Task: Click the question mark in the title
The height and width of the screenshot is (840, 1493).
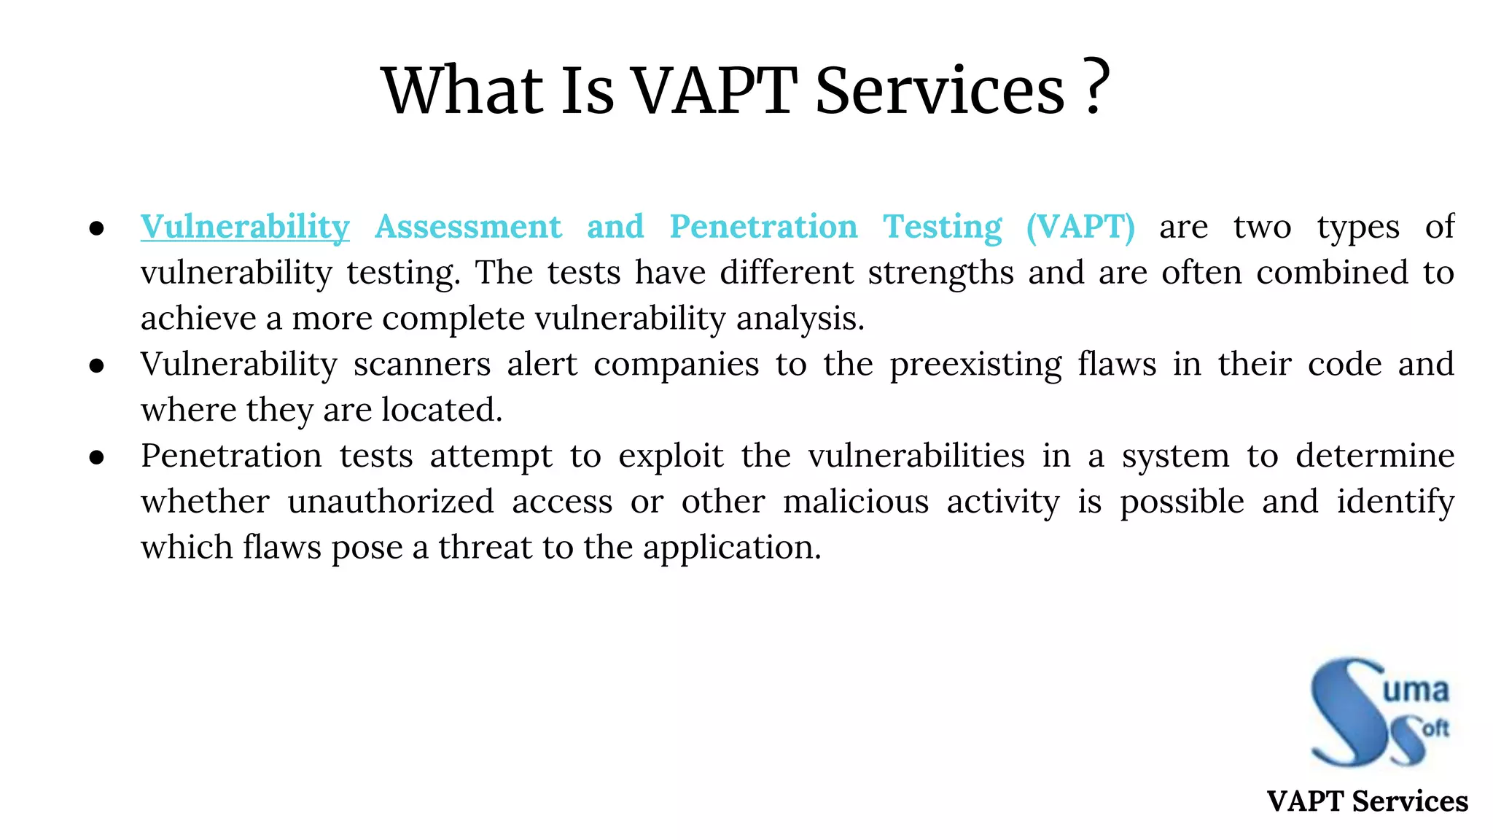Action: pos(1096,87)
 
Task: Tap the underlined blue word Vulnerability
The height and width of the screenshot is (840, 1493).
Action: pos(245,227)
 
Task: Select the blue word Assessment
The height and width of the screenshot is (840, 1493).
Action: pos(468,227)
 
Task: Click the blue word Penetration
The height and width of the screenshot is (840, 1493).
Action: pos(763,227)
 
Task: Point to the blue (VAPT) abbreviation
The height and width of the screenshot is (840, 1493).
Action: pos(1080,227)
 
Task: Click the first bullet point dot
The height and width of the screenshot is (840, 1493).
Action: pos(97,228)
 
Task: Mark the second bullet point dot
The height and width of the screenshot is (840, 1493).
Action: pos(97,365)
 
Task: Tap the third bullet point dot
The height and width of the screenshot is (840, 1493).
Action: pos(97,457)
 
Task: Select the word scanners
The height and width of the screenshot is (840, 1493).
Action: pos(422,364)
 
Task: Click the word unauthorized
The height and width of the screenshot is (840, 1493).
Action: pos(391,502)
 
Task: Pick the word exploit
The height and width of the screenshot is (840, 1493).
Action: pos(671,456)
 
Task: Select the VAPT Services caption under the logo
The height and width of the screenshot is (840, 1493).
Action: pos(1367,801)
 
